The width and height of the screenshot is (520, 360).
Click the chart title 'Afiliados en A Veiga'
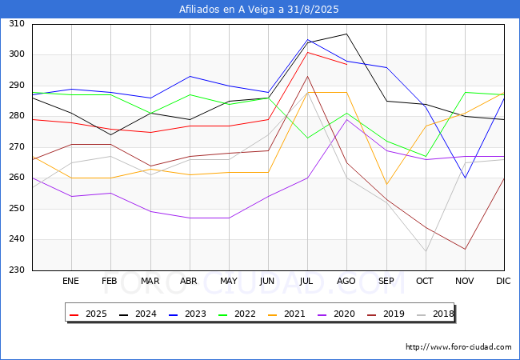click(260, 10)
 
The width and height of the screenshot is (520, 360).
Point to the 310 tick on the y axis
click(16, 24)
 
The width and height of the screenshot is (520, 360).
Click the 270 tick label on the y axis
click(16, 147)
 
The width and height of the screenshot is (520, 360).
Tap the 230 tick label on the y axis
click(16, 270)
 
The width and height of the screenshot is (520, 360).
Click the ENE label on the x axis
click(71, 282)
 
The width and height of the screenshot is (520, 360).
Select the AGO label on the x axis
click(346, 282)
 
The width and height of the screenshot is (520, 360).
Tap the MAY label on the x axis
click(229, 282)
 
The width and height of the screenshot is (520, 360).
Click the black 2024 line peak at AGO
click(346, 34)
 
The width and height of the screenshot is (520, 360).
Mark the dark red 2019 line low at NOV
click(465, 249)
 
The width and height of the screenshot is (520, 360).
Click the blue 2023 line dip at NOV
click(465, 178)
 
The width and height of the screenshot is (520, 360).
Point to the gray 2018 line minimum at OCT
click(426, 251)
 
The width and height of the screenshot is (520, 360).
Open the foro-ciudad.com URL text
click(458, 347)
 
